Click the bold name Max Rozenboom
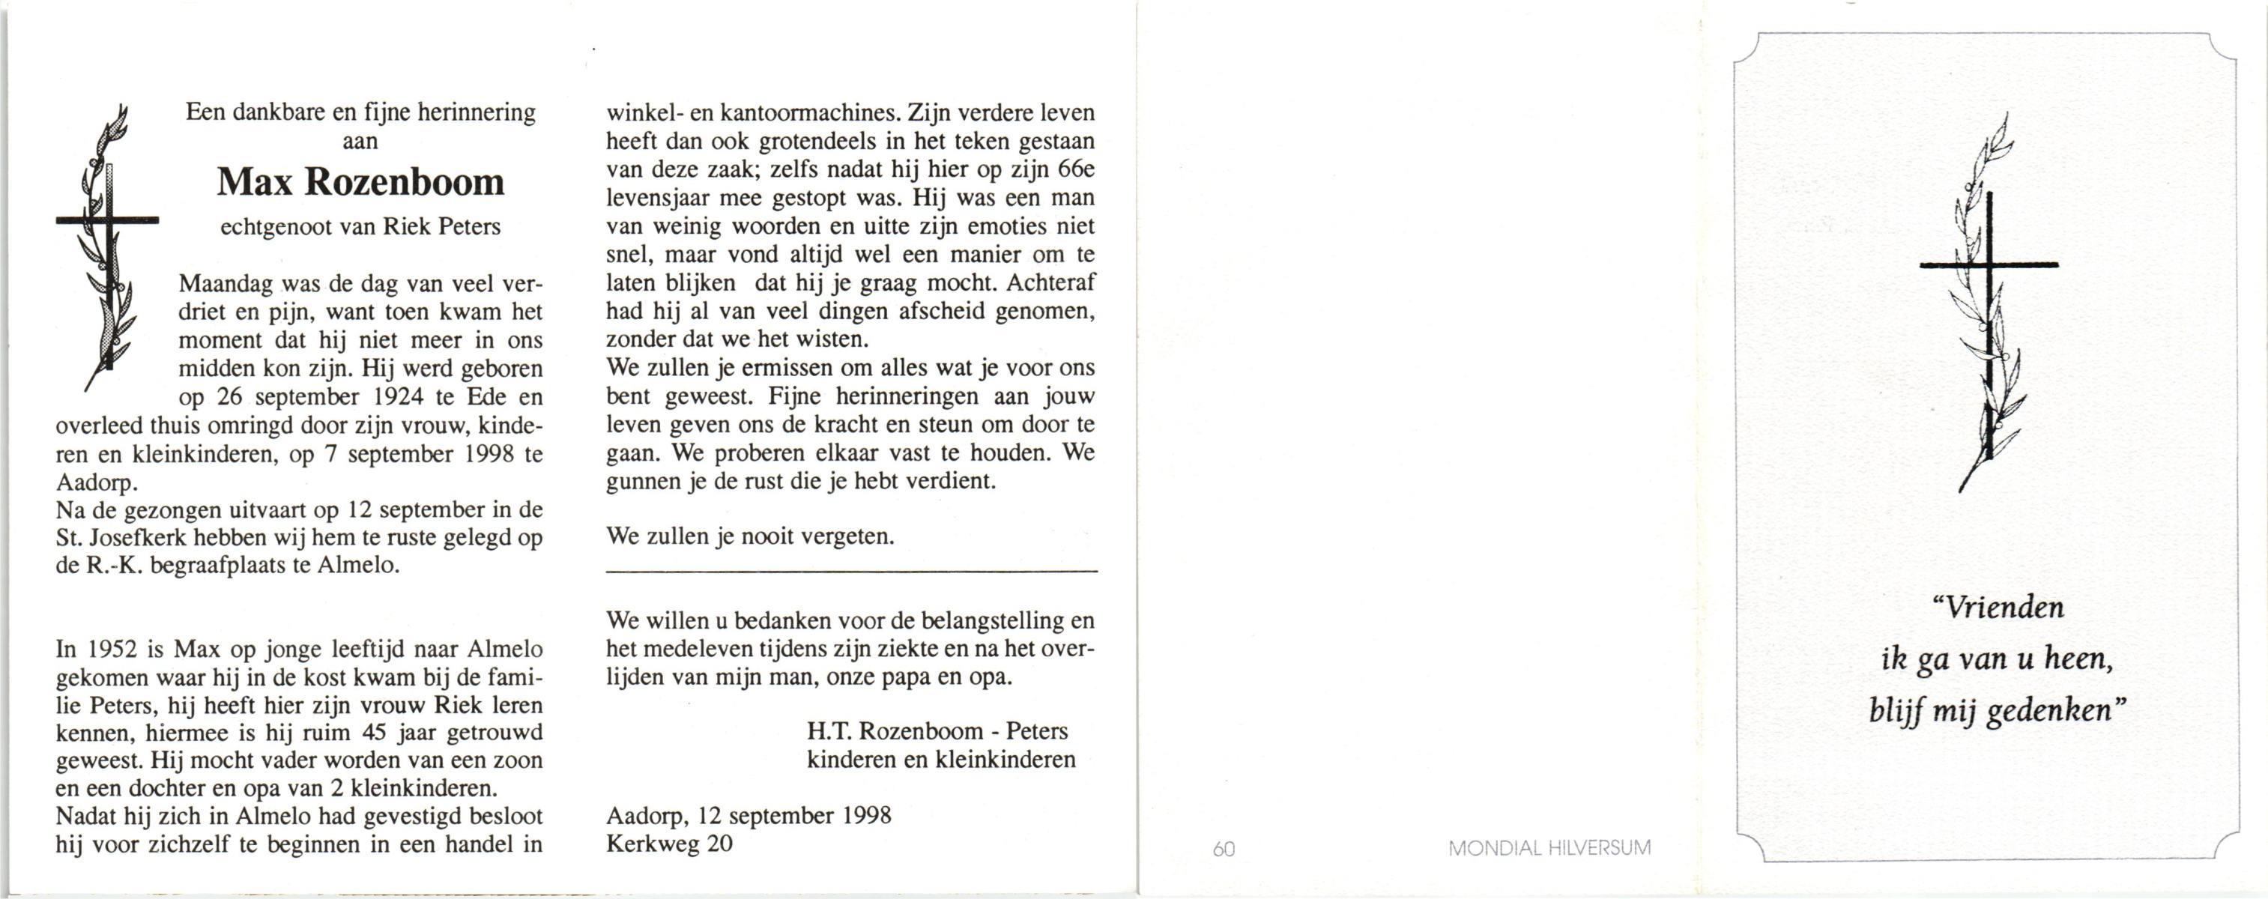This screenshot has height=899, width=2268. pos(360,182)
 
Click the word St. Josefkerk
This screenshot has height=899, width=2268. pos(121,537)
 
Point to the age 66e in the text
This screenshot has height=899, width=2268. pos(1074,170)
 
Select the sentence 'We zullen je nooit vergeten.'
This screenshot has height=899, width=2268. pos(750,536)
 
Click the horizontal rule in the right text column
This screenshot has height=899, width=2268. pos(851,573)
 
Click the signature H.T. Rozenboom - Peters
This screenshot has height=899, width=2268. pos(937,731)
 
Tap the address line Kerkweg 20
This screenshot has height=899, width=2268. pos(669,844)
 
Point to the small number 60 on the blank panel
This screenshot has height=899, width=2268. pos(1224,849)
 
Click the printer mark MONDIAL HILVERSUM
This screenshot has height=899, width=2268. pos(1549,849)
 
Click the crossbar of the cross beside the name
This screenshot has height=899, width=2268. pos(107,220)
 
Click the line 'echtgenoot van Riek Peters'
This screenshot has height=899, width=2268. pos(360,227)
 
